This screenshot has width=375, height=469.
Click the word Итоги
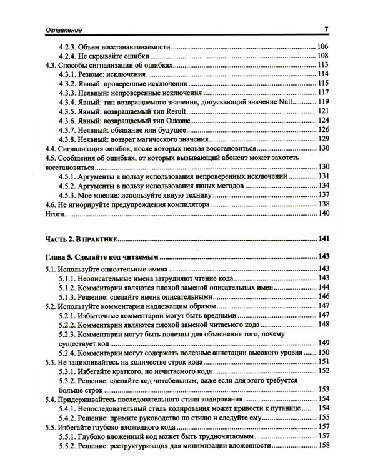[x=57, y=213]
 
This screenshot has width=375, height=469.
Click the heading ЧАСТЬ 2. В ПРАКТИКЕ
[x=82, y=238]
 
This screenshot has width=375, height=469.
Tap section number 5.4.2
[x=69, y=417]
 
